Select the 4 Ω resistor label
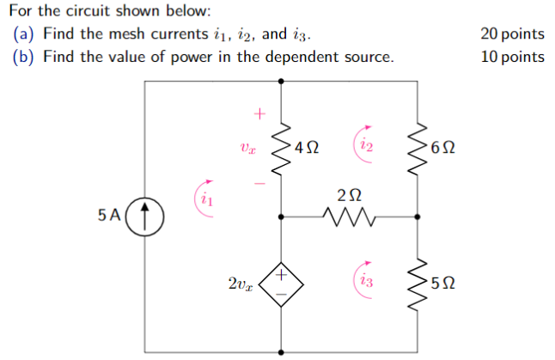[307, 147]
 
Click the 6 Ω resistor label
[445, 147]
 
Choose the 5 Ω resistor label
[445, 281]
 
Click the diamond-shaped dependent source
[282, 282]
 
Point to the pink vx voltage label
[247, 148]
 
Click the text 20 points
[512, 34]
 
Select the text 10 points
[512, 57]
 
